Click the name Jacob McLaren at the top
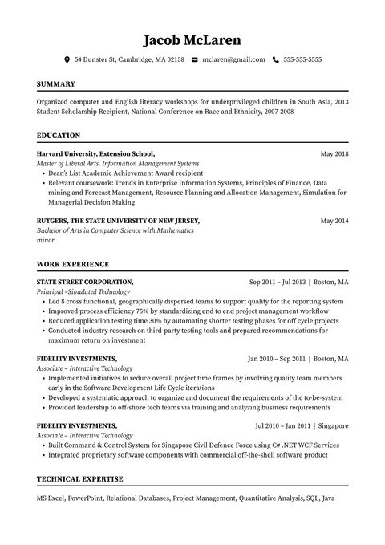point(192,39)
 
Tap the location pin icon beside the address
point(67,59)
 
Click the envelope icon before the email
point(195,59)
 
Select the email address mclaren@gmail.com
point(233,59)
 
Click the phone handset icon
point(276,59)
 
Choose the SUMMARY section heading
point(56,83)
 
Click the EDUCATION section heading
point(59,136)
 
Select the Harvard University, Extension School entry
point(95,153)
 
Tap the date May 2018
point(334,153)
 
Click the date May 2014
point(334,220)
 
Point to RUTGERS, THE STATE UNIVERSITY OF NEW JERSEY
point(118,220)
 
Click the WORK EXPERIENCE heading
point(73,264)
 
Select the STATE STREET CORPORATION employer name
point(85,283)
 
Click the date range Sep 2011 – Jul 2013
point(278,283)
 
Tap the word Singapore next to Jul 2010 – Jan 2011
point(333,425)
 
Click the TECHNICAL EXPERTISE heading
point(79,479)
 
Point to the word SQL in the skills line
point(313,498)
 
